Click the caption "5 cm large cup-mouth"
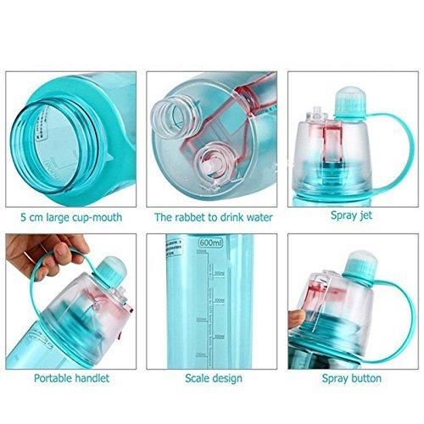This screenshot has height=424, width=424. pyautogui.click(x=75, y=216)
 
